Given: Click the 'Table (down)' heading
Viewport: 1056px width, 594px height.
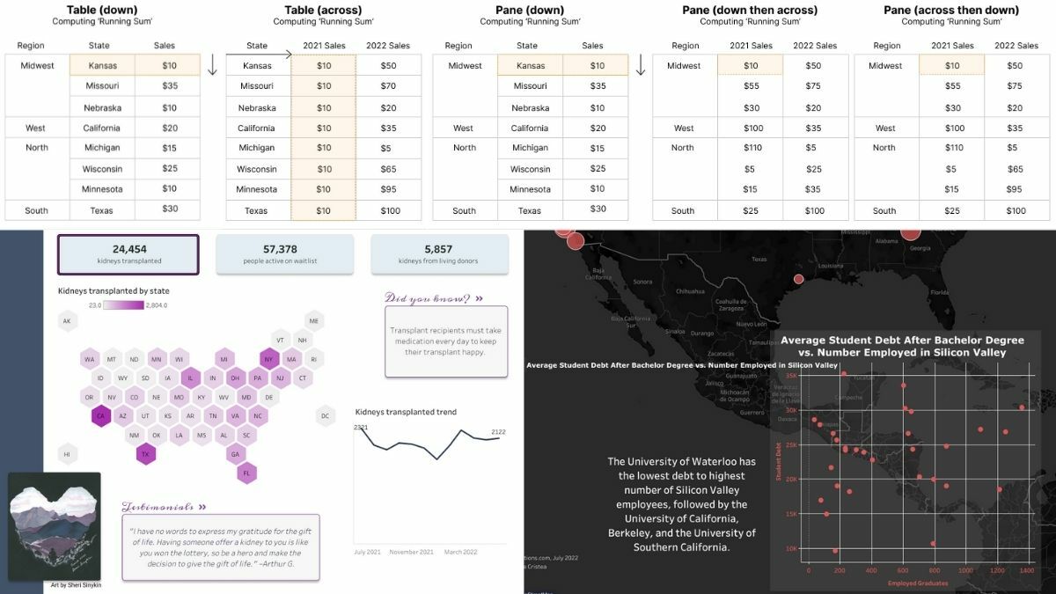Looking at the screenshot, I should pos(102,10).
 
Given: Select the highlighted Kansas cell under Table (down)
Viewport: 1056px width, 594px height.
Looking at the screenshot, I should pos(103,65).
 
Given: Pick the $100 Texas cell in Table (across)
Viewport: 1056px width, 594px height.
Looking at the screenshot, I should pos(389,210).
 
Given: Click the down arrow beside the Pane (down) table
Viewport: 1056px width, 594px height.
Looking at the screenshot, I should pos(641,65).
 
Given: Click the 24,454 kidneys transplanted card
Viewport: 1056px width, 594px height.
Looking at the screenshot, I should pos(128,254).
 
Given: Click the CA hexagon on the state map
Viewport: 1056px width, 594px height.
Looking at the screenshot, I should pos(100,416).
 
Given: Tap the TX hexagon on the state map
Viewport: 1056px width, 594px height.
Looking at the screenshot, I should pos(145,454).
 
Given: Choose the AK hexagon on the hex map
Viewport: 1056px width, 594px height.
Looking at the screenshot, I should pos(67,321).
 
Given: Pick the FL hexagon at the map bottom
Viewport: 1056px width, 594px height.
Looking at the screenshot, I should pos(246,473).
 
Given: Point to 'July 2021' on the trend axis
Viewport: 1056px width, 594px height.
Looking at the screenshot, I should pos(367,553).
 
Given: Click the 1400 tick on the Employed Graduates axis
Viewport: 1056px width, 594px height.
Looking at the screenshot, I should pos(1026,570).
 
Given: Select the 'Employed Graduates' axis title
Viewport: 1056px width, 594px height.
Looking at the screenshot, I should pos(918,583).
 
